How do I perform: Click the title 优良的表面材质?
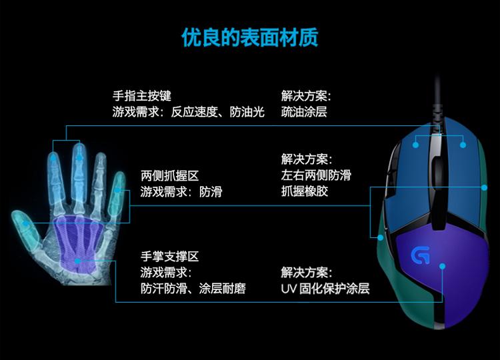250,37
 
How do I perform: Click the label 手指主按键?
142,96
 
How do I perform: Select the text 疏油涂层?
304,112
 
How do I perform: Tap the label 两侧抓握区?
169,176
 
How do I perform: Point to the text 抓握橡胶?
304,191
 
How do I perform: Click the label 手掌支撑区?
169,257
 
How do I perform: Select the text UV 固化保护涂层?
325,289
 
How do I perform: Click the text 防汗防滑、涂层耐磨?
193,289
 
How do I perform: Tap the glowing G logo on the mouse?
420,255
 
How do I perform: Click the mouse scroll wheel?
438,160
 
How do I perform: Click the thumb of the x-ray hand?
25,222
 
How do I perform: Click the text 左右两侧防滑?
316,175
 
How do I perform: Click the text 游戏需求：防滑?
181,192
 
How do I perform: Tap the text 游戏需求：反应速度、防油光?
189,112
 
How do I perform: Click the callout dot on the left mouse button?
415,142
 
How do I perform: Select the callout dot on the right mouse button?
463,142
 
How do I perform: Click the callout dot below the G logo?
442,266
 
